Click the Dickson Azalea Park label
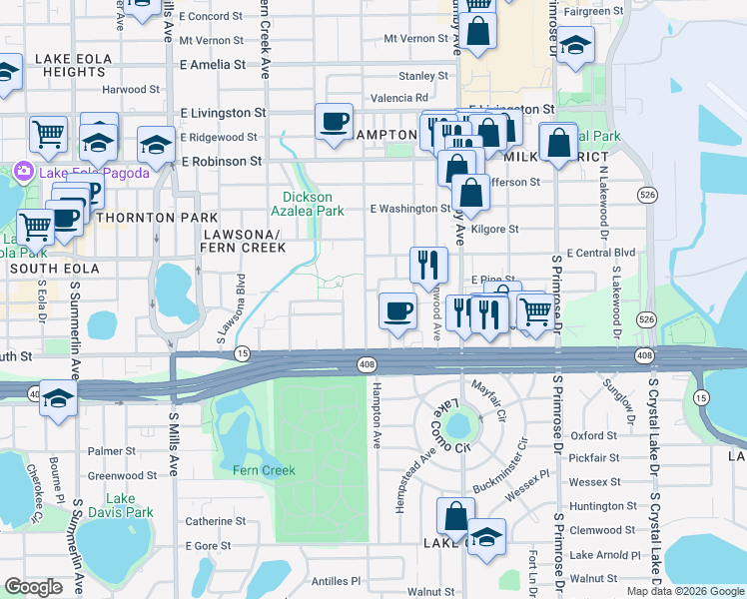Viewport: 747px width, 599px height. point(314,204)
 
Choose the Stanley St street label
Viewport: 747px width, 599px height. point(423,76)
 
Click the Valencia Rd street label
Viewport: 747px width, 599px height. point(399,98)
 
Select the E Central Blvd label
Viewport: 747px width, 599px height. point(600,254)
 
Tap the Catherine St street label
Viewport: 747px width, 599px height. point(216,521)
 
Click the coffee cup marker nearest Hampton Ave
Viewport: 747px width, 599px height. point(397,310)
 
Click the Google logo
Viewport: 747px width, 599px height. point(33,587)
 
